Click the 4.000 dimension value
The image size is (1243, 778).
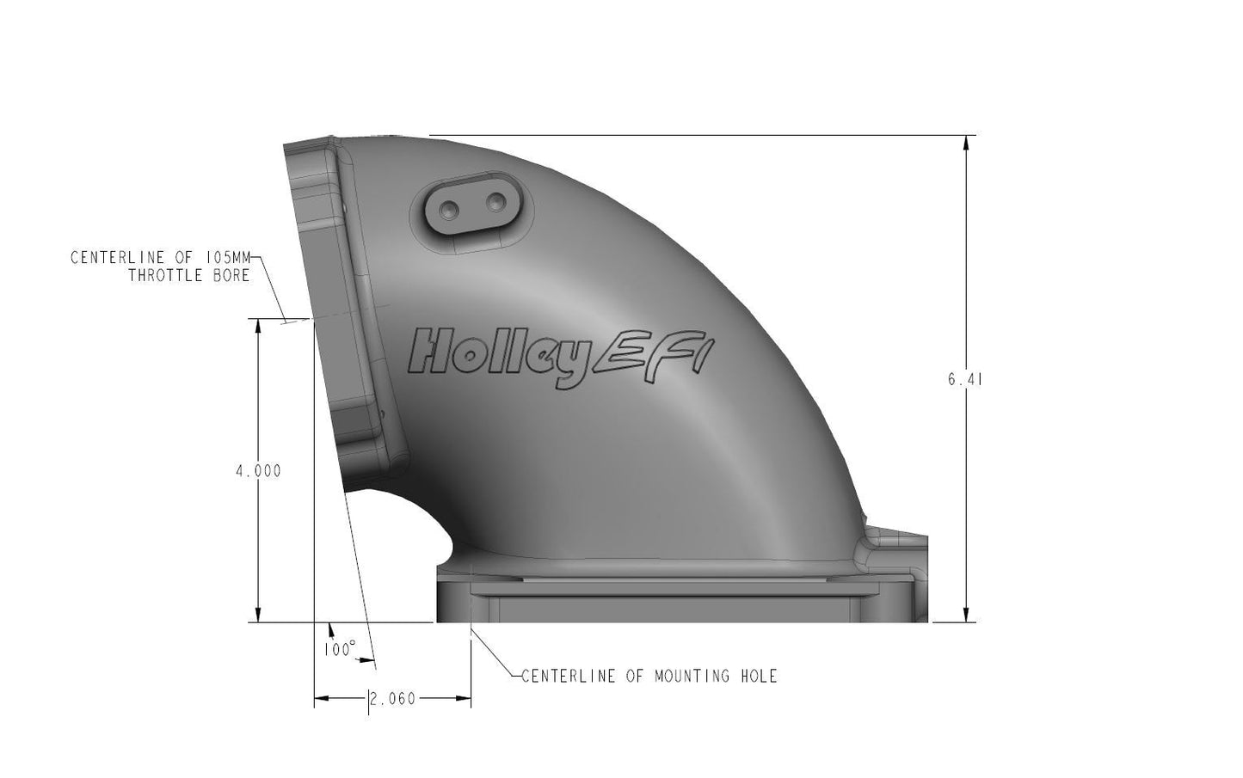[x=258, y=471]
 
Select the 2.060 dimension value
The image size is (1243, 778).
[x=392, y=699]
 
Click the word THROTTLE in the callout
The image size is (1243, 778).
[x=170, y=275]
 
